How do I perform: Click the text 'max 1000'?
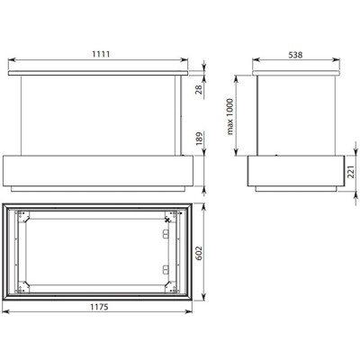(x=231, y=118)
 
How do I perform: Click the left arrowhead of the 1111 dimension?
(x=11, y=62)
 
